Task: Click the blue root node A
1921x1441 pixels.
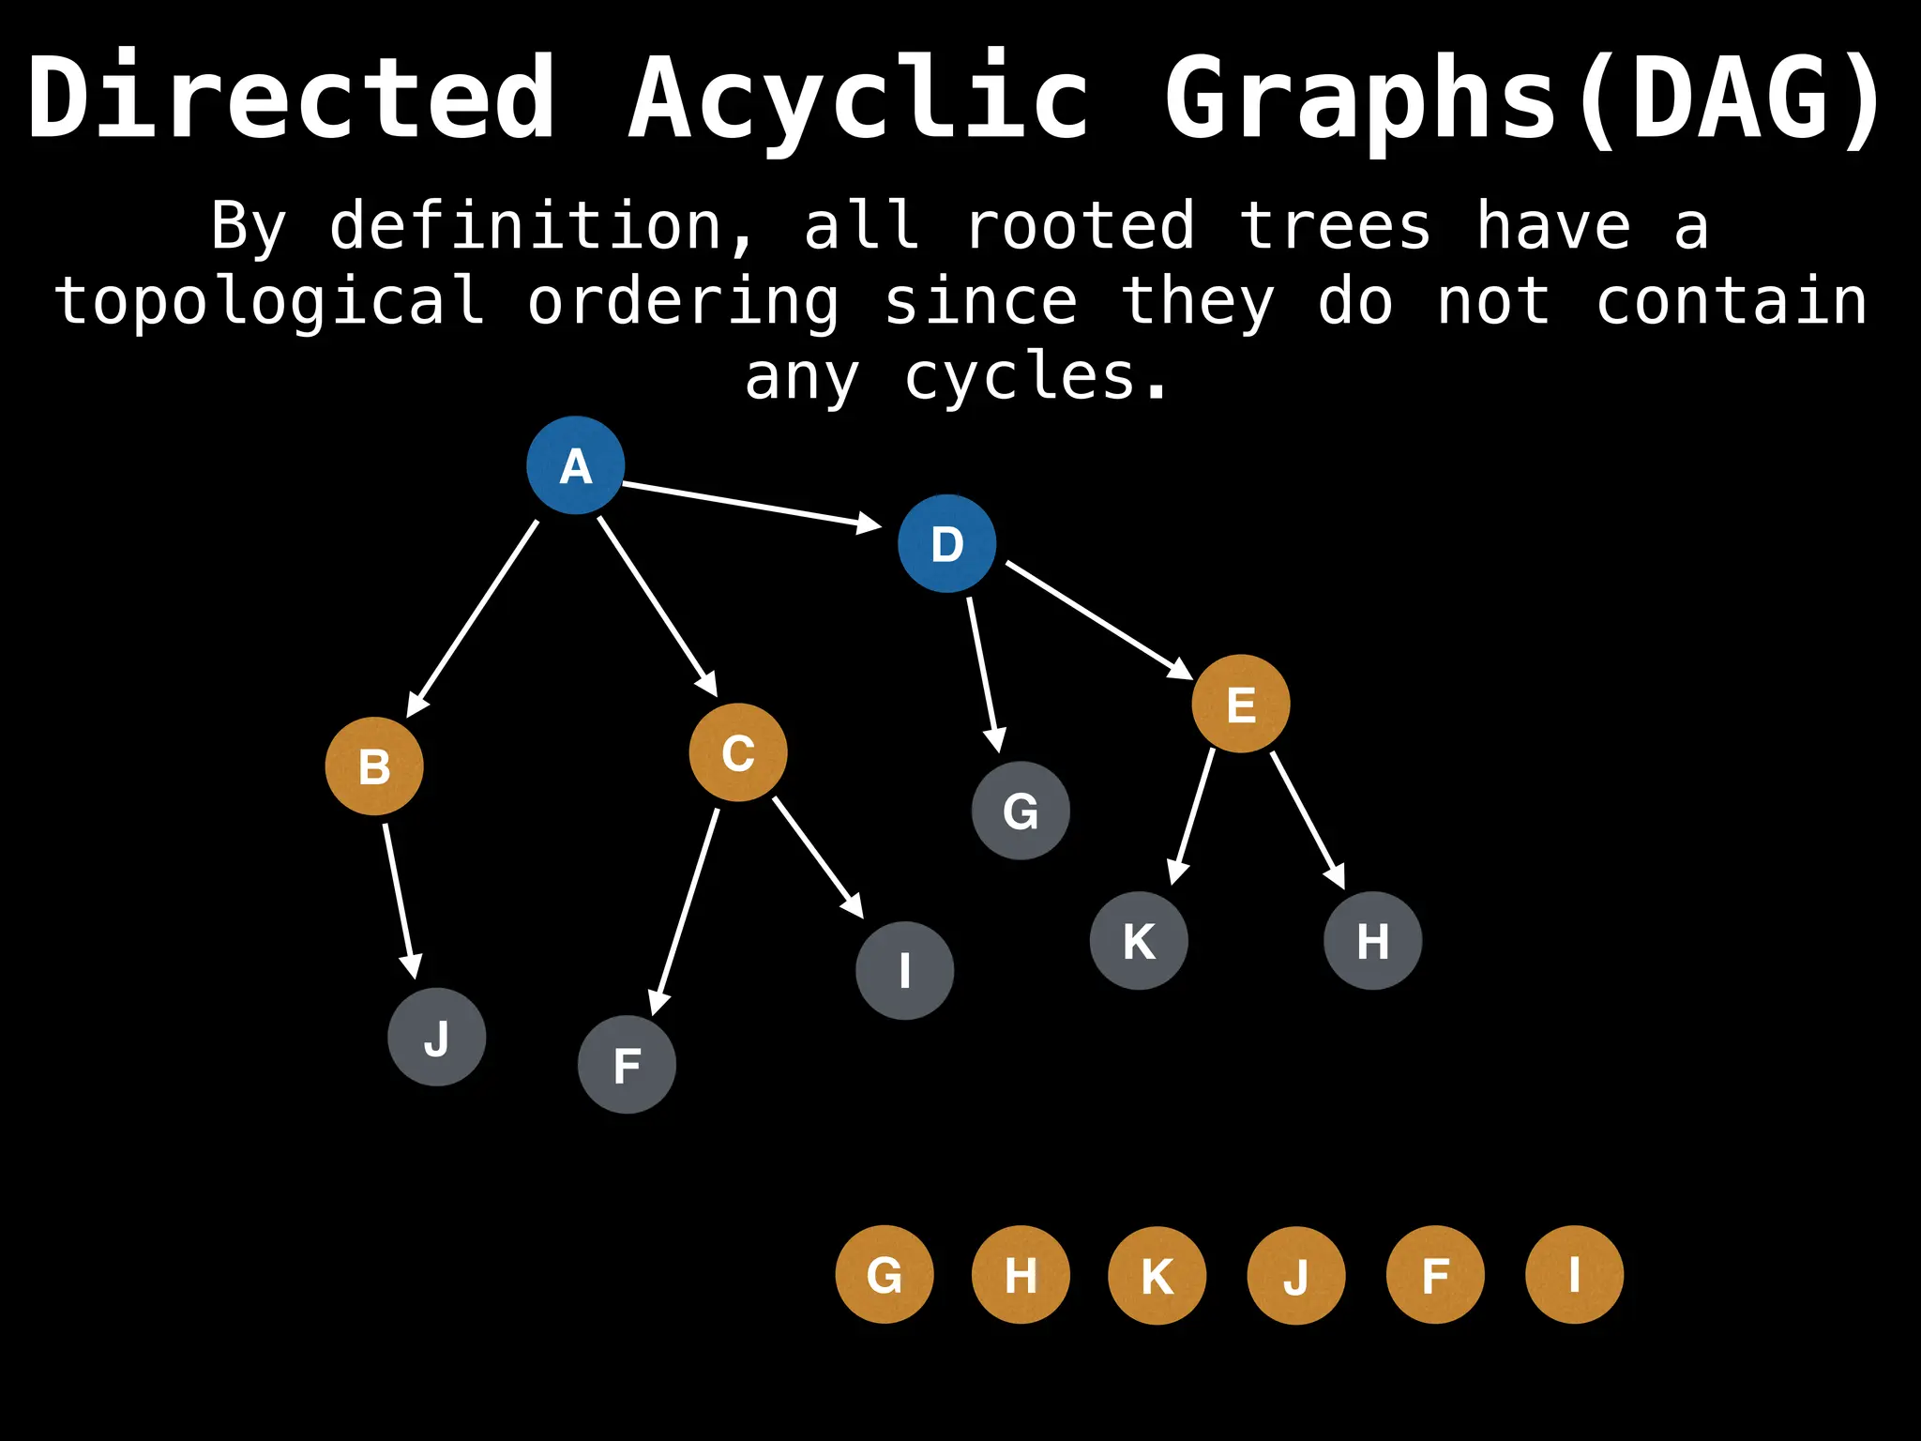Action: [575, 465]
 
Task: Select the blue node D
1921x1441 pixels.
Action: [946, 543]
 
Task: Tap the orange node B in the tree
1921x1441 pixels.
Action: [374, 766]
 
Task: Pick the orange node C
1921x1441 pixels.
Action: [738, 752]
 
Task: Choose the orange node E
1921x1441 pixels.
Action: [1241, 704]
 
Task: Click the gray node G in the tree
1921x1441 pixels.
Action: [1021, 811]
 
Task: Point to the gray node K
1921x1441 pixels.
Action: [1139, 940]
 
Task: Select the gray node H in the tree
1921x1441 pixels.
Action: [1372, 940]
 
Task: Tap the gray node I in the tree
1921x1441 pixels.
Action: [905, 970]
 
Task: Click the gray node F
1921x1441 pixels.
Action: [627, 1065]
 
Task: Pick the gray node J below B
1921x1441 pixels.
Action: [437, 1037]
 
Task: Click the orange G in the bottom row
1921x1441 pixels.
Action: [885, 1275]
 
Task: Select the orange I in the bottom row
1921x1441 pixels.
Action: [1574, 1275]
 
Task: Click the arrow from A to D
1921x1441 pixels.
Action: [750, 505]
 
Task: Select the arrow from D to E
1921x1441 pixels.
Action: [1097, 618]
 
